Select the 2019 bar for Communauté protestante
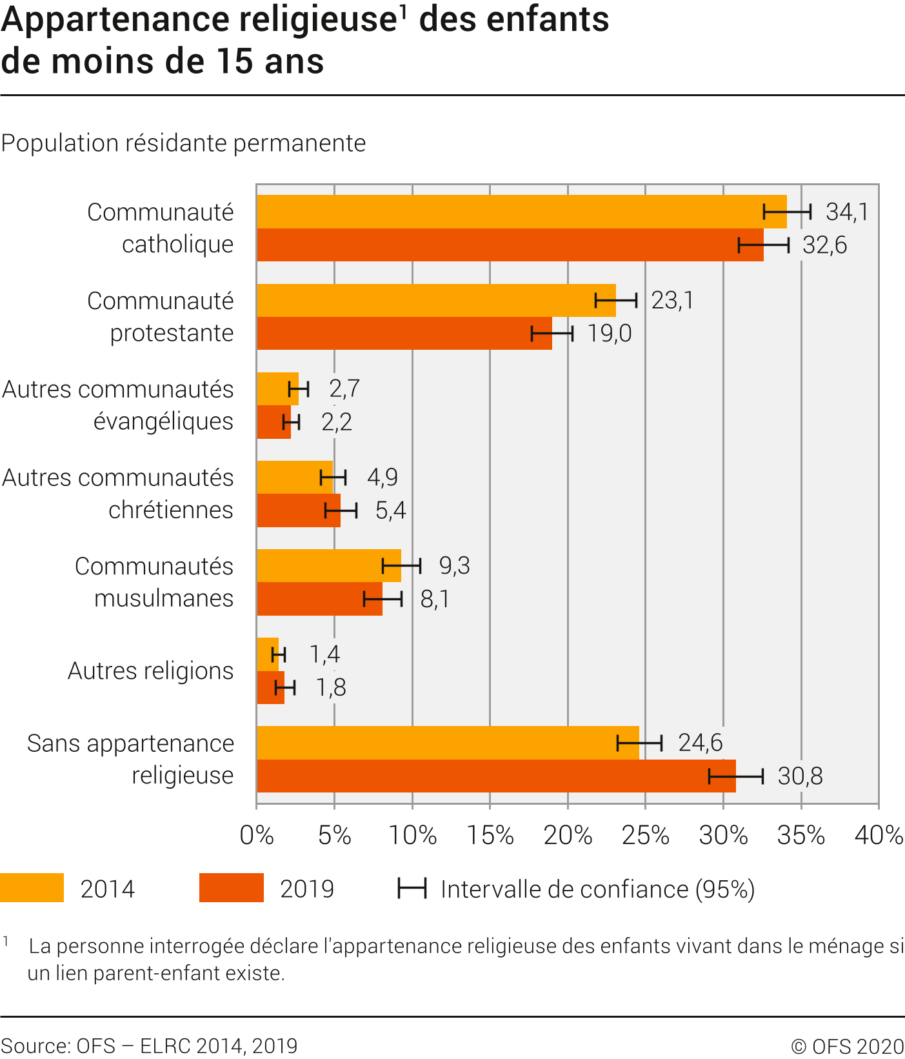pos(400,334)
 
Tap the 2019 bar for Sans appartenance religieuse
pos(490,776)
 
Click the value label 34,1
pos(847,212)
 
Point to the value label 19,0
pos(609,334)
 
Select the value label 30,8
pos(800,776)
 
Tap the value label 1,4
pos(324,654)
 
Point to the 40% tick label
pos(879,835)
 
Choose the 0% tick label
pos(257,835)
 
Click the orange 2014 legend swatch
pos(32,887)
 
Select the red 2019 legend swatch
pos(232,887)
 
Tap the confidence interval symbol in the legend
pos(412,889)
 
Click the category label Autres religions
pos(150,671)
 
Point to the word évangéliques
pos(163,421)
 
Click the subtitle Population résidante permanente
pos(184,143)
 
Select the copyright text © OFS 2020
pos(848,1046)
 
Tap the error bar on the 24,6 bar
pos(639,743)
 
